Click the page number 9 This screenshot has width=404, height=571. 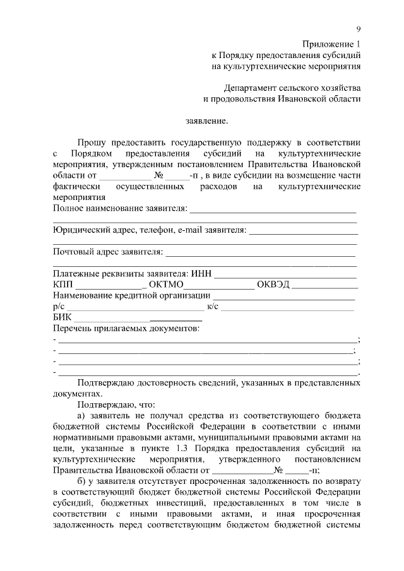coord(359,30)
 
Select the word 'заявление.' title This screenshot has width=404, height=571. coord(207,121)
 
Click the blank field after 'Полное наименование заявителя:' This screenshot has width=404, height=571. coord(273,209)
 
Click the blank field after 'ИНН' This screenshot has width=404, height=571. coord(286,274)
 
